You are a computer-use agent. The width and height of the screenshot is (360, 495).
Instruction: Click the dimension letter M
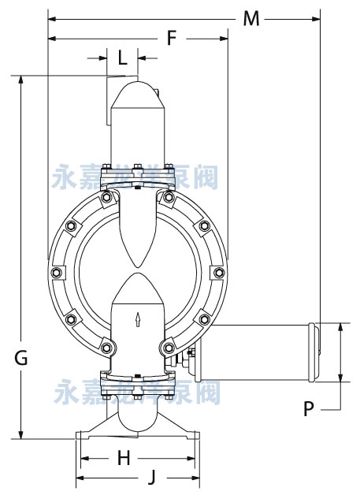[x=251, y=18]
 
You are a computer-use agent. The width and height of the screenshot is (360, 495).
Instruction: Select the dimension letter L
[x=122, y=57]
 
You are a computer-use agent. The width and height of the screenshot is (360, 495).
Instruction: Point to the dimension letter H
[x=124, y=457]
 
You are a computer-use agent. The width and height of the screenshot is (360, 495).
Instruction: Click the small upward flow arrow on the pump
[x=139, y=319]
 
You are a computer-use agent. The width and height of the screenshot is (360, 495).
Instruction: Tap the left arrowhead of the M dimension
[x=52, y=16]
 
